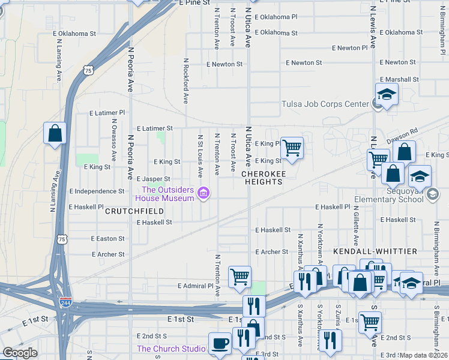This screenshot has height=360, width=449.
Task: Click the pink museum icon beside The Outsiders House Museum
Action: pyautogui.click(x=203, y=193)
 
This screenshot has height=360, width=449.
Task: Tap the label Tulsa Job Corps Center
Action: pyautogui.click(x=325, y=104)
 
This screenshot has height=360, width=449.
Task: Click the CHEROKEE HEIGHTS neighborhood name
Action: pyautogui.click(x=262, y=177)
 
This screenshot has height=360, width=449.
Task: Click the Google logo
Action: pyautogui.click(x=20, y=353)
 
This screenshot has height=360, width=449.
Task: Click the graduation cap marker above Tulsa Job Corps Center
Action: pyautogui.click(x=387, y=94)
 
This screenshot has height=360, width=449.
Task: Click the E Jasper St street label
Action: pyautogui.click(x=154, y=179)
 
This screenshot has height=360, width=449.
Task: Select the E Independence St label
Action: pyautogui.click(x=97, y=191)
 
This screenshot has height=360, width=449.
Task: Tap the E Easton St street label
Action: pyautogui.click(x=107, y=238)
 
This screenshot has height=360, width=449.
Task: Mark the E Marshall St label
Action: pyautogui.click(x=399, y=79)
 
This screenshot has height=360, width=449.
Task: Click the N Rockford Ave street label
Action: pyautogui.click(x=185, y=79)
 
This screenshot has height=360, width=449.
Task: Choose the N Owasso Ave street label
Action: pyautogui.click(x=113, y=139)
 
